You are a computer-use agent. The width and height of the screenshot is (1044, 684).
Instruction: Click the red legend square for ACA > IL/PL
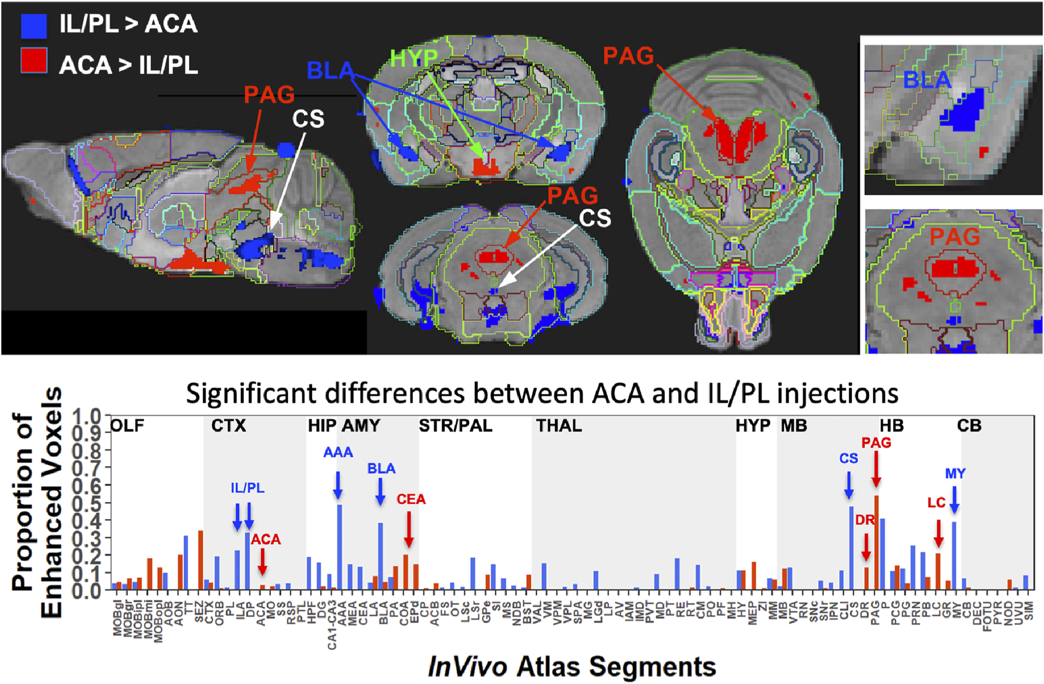pyautogui.click(x=34, y=61)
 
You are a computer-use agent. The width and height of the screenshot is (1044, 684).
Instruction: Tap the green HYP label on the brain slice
pyautogui.click(x=414, y=58)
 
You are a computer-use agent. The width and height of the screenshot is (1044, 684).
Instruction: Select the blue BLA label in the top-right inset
pyautogui.click(x=927, y=80)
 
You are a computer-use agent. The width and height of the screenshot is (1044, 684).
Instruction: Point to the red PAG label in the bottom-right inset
pyautogui.click(x=954, y=237)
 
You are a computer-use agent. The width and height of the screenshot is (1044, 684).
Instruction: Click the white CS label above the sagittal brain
pyautogui.click(x=308, y=119)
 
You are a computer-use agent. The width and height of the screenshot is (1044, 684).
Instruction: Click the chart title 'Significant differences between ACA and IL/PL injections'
pyautogui.click(x=542, y=393)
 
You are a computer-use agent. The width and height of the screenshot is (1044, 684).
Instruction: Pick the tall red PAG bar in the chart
pyautogui.click(x=876, y=542)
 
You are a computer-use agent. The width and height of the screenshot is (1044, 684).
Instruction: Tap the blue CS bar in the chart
pyautogui.click(x=851, y=548)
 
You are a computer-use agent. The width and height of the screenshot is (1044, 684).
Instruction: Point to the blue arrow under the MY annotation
pyautogui.click(x=954, y=499)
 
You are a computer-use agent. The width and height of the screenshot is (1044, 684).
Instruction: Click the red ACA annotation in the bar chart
pyautogui.click(x=266, y=539)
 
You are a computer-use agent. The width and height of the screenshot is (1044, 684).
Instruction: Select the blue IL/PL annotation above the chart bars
pyautogui.click(x=247, y=488)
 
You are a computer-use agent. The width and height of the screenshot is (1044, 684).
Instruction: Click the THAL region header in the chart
pyautogui.click(x=559, y=426)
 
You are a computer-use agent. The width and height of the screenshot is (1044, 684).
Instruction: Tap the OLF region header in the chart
pyautogui.click(x=127, y=426)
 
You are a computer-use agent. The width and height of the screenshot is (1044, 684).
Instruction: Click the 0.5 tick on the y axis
pyautogui.click(x=87, y=503)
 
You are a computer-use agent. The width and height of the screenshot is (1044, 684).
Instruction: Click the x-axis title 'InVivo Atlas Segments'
pyautogui.click(x=571, y=666)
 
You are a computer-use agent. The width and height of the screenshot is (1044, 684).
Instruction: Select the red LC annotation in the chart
pyautogui.click(x=936, y=502)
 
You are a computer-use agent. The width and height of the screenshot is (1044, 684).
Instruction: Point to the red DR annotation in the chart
pyautogui.click(x=864, y=520)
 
